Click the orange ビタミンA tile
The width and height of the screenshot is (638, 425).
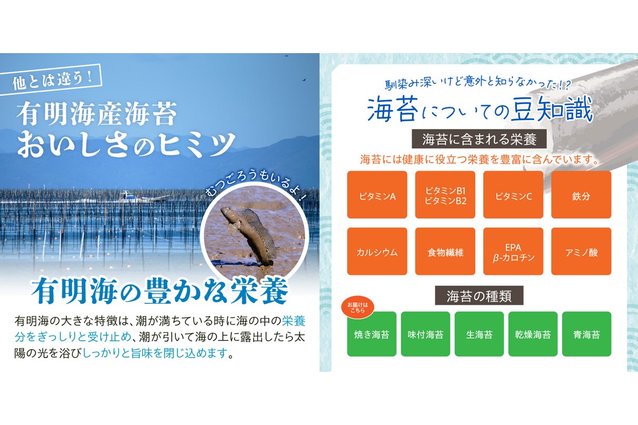click(x=377, y=195)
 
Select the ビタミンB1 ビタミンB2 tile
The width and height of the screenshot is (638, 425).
click(x=445, y=195)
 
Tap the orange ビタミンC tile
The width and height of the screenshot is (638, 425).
click(x=513, y=195)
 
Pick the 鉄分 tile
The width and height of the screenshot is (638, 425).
click(x=581, y=195)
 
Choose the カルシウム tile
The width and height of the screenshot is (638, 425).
click(x=377, y=252)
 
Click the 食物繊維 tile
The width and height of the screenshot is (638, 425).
click(x=445, y=252)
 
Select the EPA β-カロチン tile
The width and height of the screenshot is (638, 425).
click(x=513, y=252)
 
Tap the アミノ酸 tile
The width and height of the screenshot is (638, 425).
click(x=581, y=252)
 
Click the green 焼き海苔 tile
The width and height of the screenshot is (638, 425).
click(x=372, y=335)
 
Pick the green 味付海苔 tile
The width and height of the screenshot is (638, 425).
click(x=425, y=334)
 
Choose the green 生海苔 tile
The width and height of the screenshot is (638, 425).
click(x=479, y=334)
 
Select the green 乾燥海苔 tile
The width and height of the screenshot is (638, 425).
click(x=533, y=334)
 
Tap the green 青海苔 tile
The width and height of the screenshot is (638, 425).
click(x=586, y=334)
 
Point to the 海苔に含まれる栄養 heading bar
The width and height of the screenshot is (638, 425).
click(x=479, y=140)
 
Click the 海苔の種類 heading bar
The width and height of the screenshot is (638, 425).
click(x=479, y=295)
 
